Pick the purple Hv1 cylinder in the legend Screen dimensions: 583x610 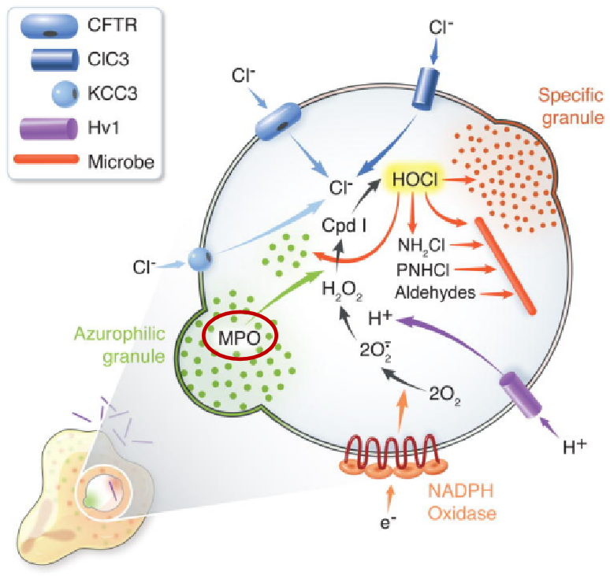pyautogui.click(x=48, y=128)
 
